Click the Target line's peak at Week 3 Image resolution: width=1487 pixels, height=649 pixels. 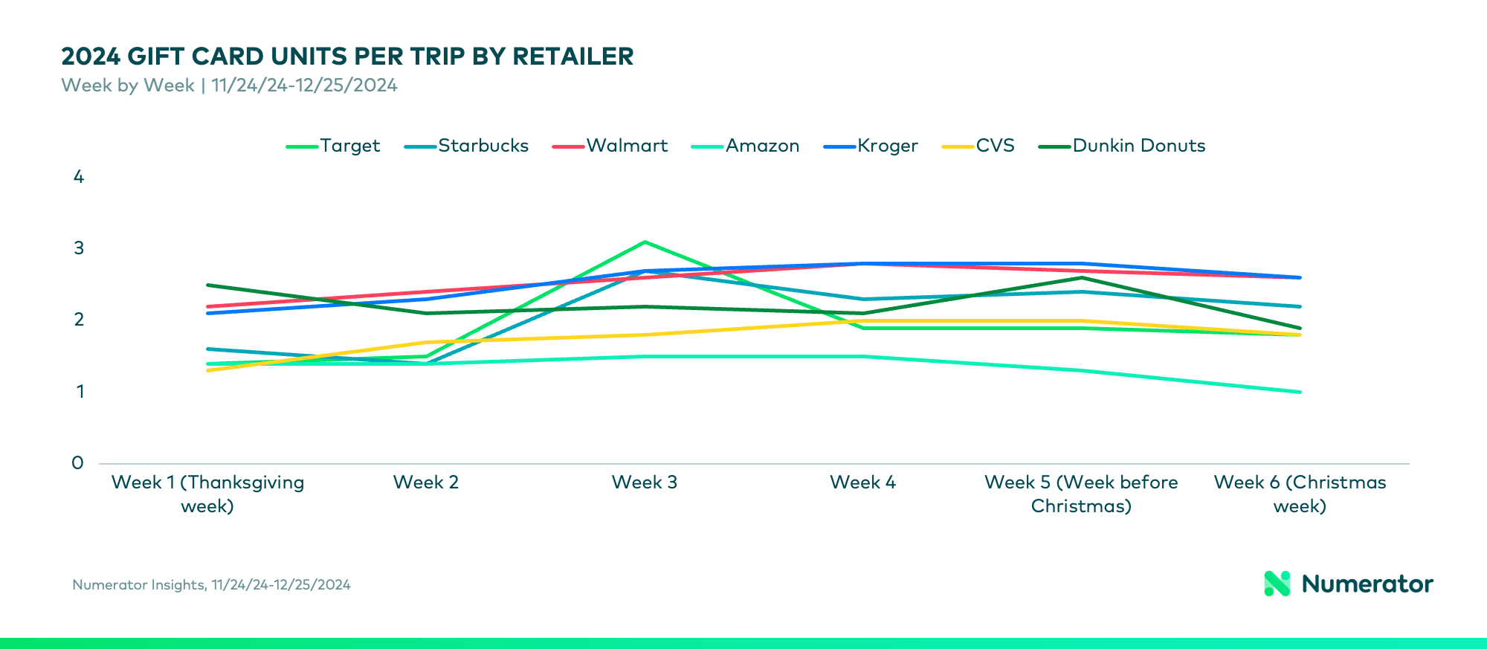[645, 242]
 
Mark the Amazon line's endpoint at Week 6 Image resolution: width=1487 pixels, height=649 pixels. [1300, 392]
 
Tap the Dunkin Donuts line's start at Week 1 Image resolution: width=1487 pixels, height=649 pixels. [207, 285]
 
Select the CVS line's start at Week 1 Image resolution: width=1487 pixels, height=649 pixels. [207, 370]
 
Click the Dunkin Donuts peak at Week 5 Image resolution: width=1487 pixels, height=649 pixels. [1081, 278]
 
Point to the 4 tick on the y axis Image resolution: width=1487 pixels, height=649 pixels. [79, 177]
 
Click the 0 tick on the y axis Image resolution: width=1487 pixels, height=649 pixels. [78, 463]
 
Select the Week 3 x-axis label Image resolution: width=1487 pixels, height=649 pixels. [644, 482]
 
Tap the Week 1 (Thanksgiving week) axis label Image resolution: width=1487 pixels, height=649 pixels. [207, 494]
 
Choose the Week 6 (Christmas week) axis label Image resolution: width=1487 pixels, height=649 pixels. [1300, 494]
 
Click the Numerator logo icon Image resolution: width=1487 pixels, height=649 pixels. [1277, 584]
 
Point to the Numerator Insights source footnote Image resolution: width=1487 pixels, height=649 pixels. [211, 585]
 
